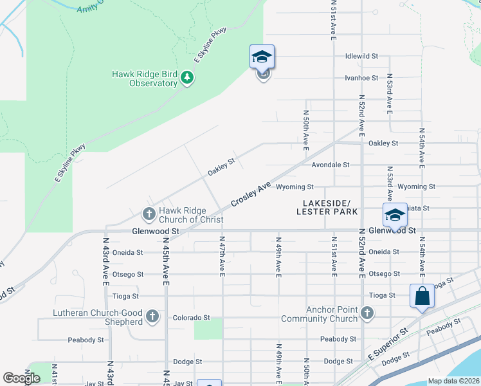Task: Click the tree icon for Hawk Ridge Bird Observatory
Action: pos(187,78)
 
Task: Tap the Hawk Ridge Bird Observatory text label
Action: pos(145,78)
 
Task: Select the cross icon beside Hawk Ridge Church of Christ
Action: pos(149,213)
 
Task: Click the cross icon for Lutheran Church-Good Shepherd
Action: pos(152,316)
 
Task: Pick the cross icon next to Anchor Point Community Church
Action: pos(367,313)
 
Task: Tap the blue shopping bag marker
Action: pos(422,297)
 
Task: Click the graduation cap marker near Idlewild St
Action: pos(262,57)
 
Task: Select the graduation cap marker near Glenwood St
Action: pos(395,215)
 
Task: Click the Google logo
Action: pos(22,378)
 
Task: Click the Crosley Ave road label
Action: pos(251,195)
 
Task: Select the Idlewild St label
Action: pos(361,56)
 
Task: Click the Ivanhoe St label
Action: pos(361,78)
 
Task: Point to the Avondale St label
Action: pos(330,165)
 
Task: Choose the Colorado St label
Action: pos(191,317)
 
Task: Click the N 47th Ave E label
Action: pos(221,256)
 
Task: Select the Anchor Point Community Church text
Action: pos(319,314)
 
